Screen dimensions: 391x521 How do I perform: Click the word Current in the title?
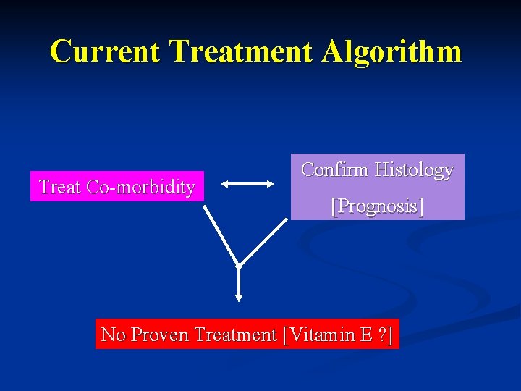106,51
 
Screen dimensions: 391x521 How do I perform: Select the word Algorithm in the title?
392,51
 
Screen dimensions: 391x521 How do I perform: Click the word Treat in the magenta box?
60,187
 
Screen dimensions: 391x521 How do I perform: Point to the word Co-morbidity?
140,187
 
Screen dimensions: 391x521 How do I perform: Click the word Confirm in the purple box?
334,169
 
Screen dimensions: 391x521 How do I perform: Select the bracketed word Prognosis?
377,206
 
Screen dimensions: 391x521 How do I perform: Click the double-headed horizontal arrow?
247,185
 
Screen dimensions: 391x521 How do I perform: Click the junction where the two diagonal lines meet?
239,265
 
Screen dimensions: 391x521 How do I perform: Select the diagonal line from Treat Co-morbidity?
221,235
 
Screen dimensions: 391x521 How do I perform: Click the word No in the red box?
112,335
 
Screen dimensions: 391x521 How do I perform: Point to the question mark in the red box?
381,335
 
